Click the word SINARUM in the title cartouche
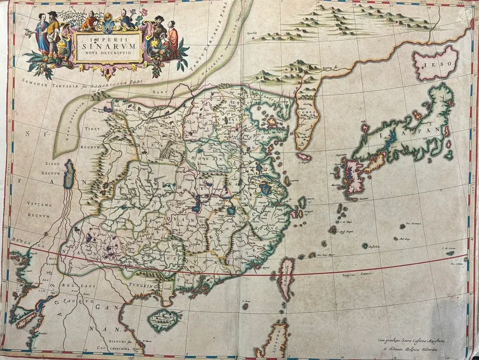click(x=108, y=45)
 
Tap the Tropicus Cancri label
click(x=356, y=275)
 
